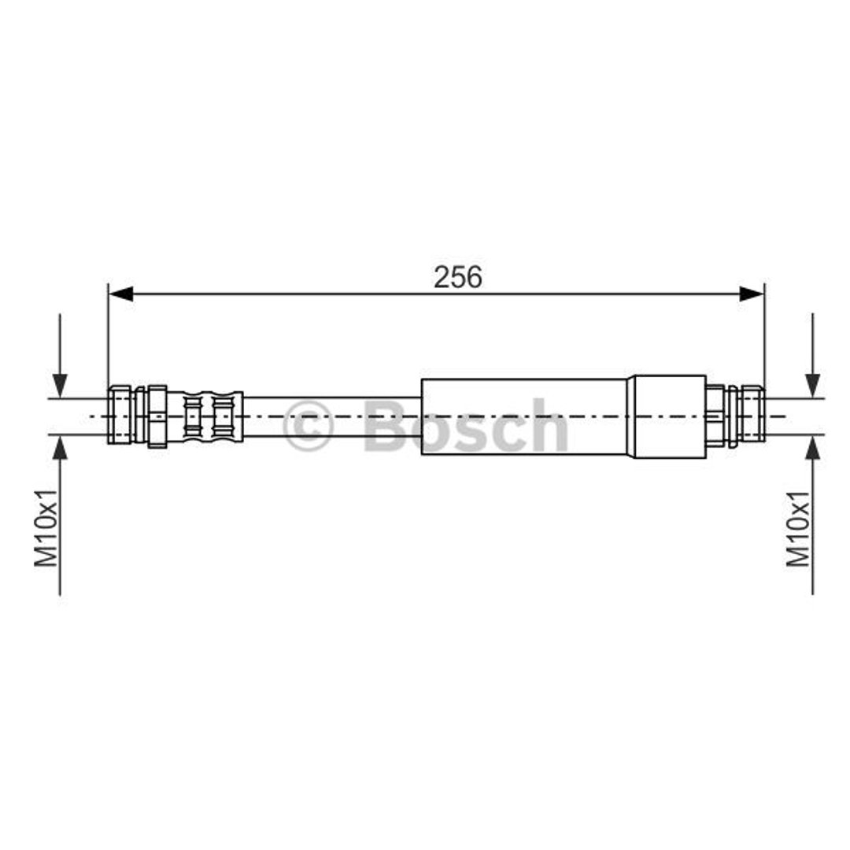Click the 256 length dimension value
point(457,277)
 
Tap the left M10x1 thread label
point(46,527)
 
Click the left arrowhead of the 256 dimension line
point(120,294)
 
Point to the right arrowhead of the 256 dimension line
point(752,294)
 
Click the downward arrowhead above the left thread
point(60,386)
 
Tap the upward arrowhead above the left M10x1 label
point(60,447)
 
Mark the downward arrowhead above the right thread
point(812,386)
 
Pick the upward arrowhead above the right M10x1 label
point(812,447)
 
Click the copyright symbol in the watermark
point(307,426)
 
